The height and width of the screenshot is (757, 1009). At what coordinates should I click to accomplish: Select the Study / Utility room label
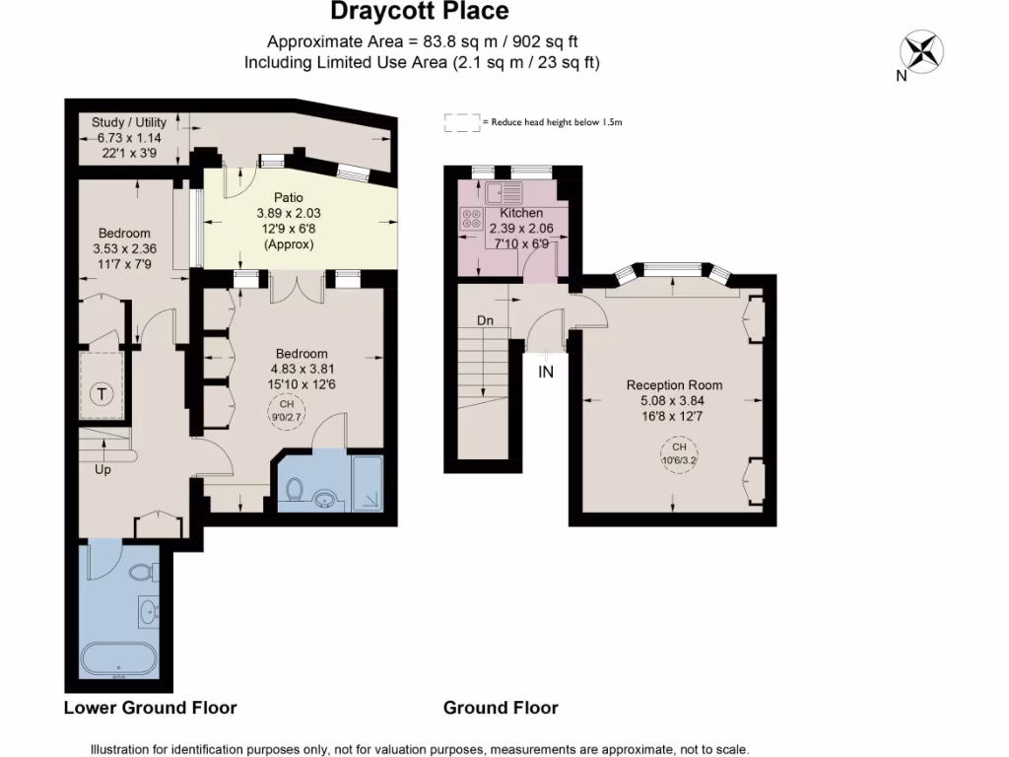122,122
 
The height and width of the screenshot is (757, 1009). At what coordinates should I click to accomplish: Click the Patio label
289,197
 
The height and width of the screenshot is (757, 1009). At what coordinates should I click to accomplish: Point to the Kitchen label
521,213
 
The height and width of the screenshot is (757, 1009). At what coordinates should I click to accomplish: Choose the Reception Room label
674,384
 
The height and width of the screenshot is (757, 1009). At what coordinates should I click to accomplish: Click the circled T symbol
101,394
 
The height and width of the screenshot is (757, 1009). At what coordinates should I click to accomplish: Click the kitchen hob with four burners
470,220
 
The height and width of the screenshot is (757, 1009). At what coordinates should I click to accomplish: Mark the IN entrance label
546,372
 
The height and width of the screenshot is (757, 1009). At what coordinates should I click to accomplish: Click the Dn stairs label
485,320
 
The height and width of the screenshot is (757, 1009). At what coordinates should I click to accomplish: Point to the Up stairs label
102,469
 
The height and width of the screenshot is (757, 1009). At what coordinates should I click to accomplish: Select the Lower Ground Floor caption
150,708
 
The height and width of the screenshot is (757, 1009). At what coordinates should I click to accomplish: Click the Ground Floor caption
501,708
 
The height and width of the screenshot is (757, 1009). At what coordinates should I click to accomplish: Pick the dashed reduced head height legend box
460,122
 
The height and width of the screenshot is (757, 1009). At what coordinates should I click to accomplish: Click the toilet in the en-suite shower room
296,489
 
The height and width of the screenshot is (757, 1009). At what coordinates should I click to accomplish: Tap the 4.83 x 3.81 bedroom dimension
302,370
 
